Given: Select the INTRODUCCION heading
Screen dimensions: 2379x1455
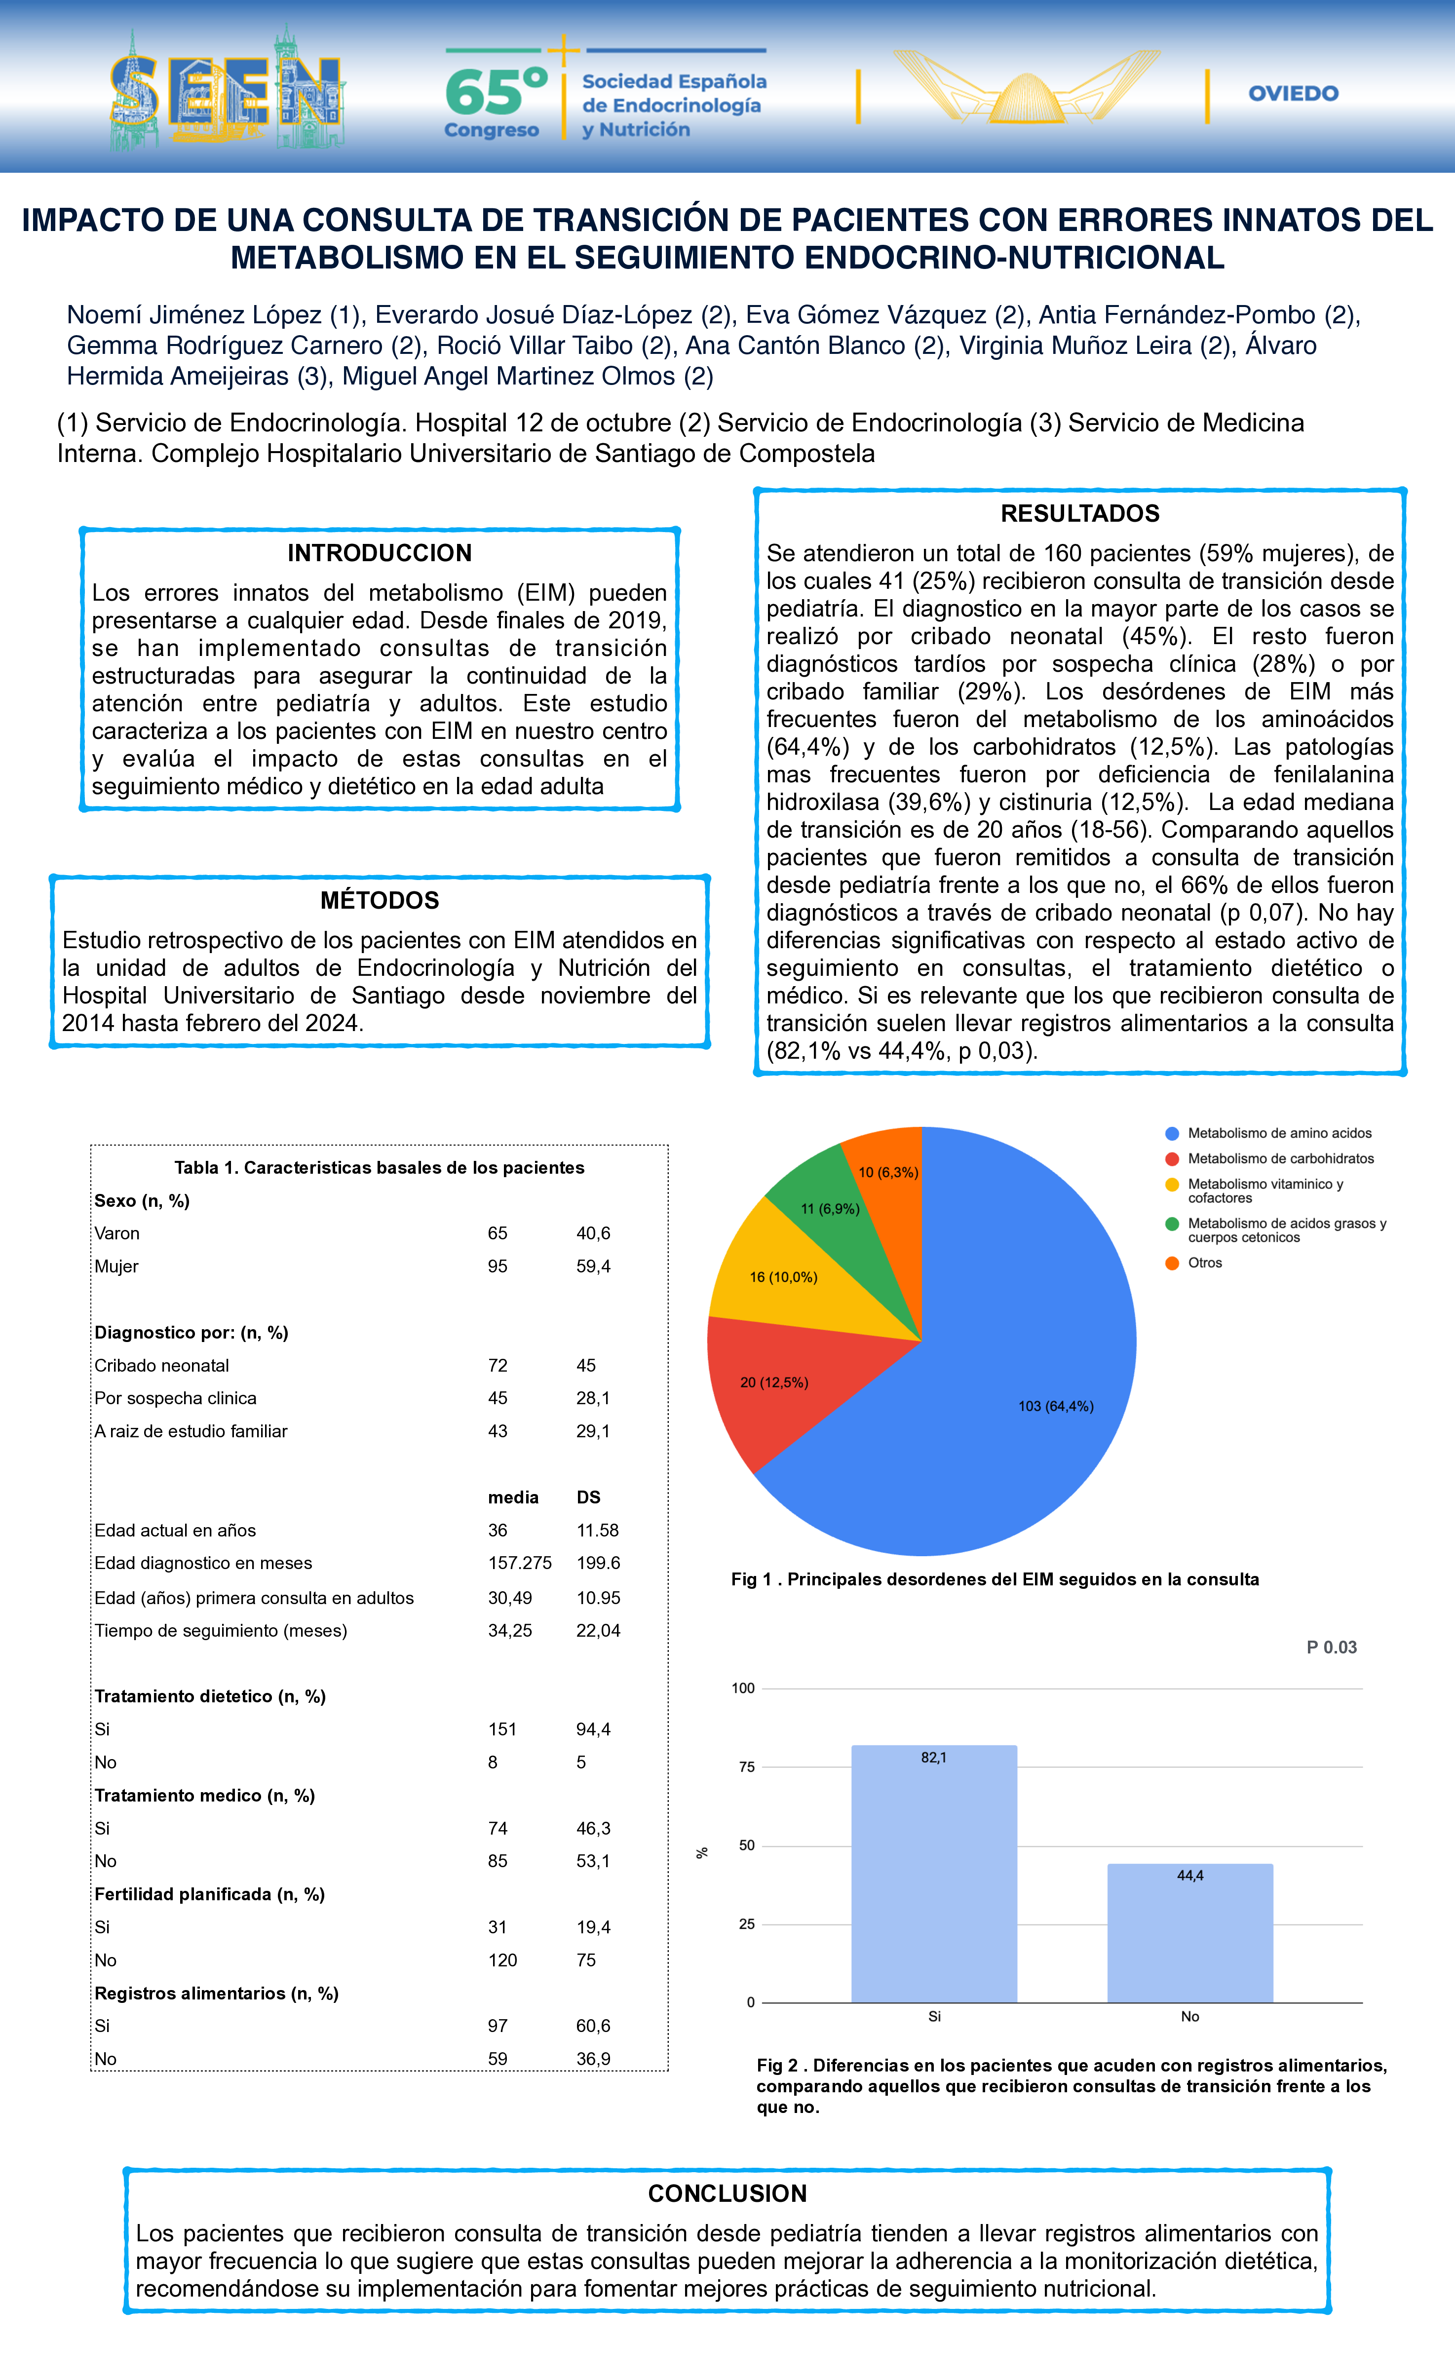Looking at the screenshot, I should (x=380, y=553).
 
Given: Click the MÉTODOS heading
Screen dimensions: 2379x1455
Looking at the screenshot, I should (x=380, y=900).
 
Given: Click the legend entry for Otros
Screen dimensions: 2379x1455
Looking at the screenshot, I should (x=1204, y=1263).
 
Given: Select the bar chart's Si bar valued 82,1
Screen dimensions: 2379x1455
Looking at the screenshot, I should (x=934, y=1878).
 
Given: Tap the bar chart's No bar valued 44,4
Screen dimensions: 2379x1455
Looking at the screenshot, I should (x=1189, y=1936).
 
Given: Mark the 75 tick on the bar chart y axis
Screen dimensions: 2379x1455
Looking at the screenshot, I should (x=746, y=1767).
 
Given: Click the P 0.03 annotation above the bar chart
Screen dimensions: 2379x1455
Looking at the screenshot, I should (x=1332, y=1647).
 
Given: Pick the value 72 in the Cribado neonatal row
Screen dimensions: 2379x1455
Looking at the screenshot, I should (x=497, y=1365).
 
